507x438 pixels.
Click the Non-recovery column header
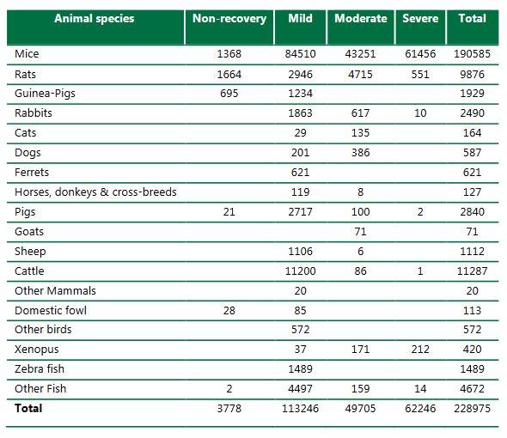pyautogui.click(x=229, y=19)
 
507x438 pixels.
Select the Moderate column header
pyautogui.click(x=360, y=19)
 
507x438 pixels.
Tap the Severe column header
pyautogui.click(x=420, y=19)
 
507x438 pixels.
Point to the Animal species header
pyautogui.click(x=95, y=19)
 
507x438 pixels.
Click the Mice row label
pyautogui.click(x=27, y=54)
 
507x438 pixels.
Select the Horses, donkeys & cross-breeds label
pyautogui.click(x=95, y=192)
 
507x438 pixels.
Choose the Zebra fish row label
pyautogui.click(x=40, y=369)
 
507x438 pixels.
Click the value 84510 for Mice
pyautogui.click(x=299, y=54)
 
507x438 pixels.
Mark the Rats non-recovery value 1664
pyautogui.click(x=229, y=73)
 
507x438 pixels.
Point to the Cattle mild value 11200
pyautogui.click(x=299, y=271)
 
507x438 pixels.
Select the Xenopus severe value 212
pyautogui.click(x=420, y=350)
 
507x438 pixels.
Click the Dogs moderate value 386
pyautogui.click(x=360, y=152)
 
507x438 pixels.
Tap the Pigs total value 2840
pyautogui.click(x=472, y=211)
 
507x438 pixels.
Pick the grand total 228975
pyautogui.click(x=472, y=409)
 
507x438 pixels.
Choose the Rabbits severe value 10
pyautogui.click(x=420, y=113)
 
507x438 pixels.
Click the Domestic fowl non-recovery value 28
pyautogui.click(x=229, y=310)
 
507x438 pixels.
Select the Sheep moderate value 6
pyautogui.click(x=360, y=251)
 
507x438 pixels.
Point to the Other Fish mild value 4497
pyautogui.click(x=299, y=389)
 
